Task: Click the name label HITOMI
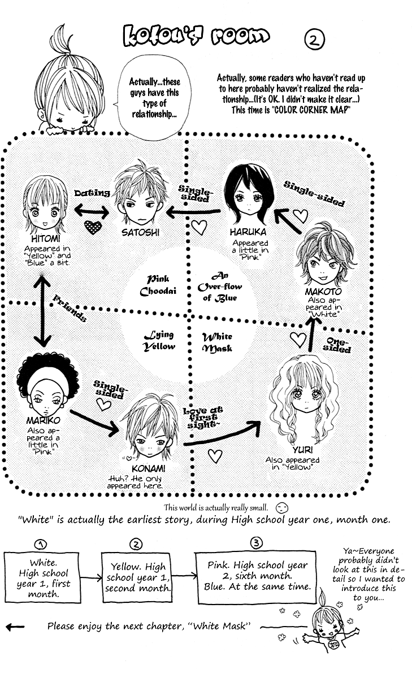tap(46, 238)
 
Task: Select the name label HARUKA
tap(248, 232)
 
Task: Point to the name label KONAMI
tap(148, 469)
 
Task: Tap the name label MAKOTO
tap(323, 292)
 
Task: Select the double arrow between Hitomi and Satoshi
tap(92, 211)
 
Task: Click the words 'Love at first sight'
tap(202, 418)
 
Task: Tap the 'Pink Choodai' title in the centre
tap(158, 285)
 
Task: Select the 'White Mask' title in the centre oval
tap(217, 342)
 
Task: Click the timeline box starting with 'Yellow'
tap(137, 577)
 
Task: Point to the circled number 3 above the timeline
tap(257, 543)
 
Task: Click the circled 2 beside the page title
tap(314, 40)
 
